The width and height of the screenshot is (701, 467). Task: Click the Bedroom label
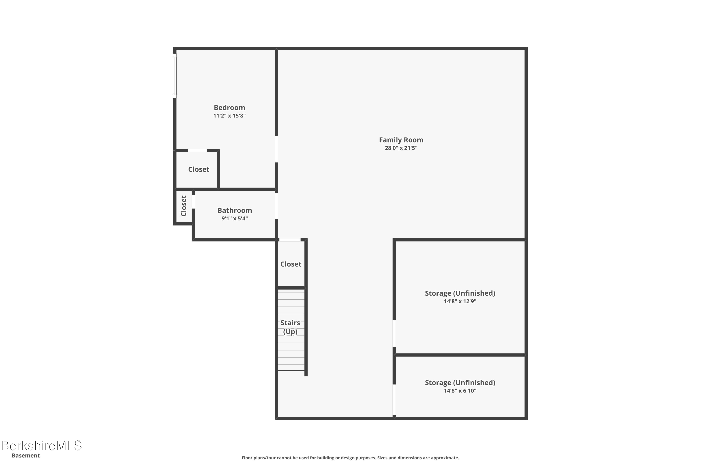pyautogui.click(x=229, y=107)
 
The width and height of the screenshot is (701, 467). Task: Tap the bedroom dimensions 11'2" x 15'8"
pyautogui.click(x=229, y=116)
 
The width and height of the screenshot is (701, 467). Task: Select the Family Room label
pyautogui.click(x=401, y=140)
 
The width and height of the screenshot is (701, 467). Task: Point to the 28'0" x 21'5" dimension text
pyautogui.click(x=401, y=148)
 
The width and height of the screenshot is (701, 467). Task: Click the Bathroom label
pyautogui.click(x=235, y=210)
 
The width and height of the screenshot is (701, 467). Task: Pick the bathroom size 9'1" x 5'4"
pyautogui.click(x=235, y=219)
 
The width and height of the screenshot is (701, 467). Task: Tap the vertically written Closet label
pyautogui.click(x=184, y=206)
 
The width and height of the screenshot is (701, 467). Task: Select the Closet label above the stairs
pyautogui.click(x=291, y=264)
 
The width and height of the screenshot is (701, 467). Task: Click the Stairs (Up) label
pyautogui.click(x=290, y=327)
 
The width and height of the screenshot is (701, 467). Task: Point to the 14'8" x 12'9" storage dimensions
pyautogui.click(x=460, y=301)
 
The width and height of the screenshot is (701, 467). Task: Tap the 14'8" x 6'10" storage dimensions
pyautogui.click(x=460, y=391)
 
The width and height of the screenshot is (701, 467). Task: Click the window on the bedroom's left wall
pyautogui.click(x=175, y=76)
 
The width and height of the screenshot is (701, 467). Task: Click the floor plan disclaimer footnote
pyautogui.click(x=350, y=458)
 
